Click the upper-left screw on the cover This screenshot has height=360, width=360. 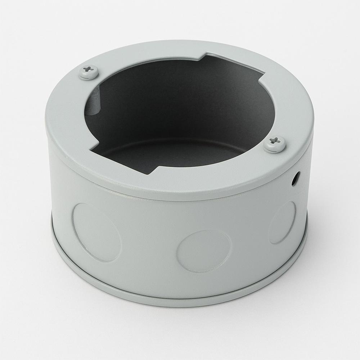tap(88, 72)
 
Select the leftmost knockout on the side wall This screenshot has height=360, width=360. tap(96, 232)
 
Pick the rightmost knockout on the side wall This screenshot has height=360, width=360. tap(282, 222)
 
